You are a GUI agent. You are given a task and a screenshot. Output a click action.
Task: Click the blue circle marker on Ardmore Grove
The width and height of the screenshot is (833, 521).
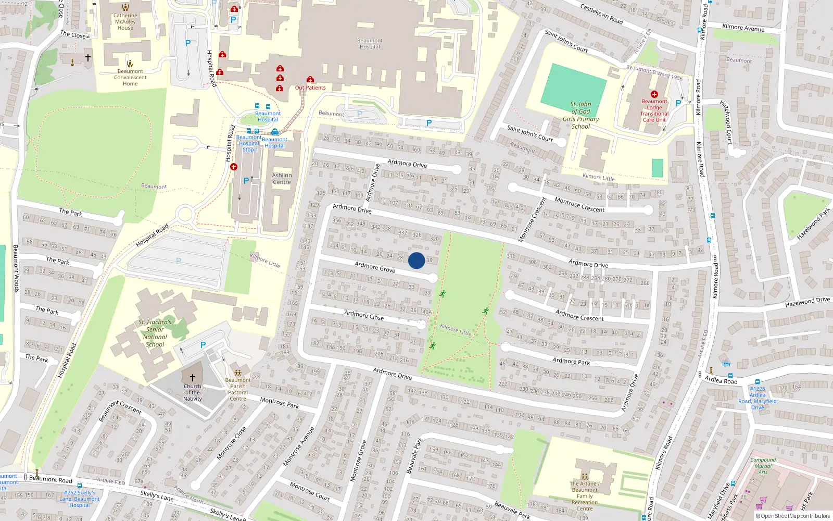point(416,260)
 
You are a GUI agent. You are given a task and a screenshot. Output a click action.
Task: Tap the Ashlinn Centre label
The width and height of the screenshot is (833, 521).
point(282,179)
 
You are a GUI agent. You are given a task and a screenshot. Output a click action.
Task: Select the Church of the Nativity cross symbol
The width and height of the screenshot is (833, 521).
point(193,377)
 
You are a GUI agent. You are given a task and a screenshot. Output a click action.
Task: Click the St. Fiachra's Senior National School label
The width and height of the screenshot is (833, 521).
point(155,333)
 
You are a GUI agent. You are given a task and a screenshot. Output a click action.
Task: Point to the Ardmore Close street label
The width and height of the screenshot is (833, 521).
point(364,315)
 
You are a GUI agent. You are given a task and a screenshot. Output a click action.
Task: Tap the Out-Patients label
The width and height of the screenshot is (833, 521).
point(310,88)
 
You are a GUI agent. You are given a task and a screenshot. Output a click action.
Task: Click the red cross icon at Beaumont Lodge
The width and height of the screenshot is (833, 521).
point(654,94)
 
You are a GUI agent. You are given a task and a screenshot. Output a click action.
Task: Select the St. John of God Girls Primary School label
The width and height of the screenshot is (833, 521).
point(580,115)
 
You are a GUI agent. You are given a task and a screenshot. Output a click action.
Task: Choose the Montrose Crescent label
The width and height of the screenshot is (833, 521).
point(579,205)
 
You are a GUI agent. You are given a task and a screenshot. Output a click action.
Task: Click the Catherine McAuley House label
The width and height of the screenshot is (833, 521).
point(125,21)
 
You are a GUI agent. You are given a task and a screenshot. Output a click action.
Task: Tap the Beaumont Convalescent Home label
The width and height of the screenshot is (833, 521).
point(130,78)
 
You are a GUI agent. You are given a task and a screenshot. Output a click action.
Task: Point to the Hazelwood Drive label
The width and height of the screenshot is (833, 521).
point(807,302)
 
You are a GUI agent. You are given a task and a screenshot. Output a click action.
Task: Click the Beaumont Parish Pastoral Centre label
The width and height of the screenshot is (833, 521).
point(238,389)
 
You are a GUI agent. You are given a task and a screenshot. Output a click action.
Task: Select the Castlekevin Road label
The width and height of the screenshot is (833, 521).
point(601,14)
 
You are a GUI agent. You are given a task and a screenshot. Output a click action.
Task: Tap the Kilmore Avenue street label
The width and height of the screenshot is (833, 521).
point(743,28)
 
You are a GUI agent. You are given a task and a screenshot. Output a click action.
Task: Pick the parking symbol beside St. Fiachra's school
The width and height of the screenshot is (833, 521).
point(203,345)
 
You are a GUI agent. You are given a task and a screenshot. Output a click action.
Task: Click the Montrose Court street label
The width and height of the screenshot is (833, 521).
point(310,491)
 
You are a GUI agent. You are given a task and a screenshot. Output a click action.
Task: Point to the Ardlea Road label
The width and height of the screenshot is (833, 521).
point(721,380)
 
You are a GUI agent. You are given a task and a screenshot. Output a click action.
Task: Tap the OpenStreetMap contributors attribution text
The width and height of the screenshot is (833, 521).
point(793,516)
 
